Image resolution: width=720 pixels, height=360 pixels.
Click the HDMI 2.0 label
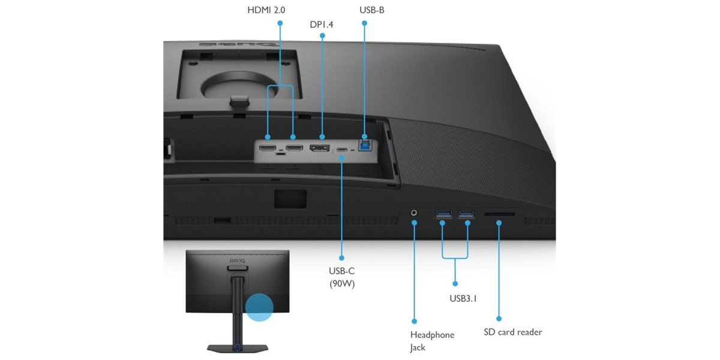[266, 10]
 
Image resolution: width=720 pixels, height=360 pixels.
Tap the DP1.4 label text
[322, 25]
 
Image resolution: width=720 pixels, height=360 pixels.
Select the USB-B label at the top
[372, 10]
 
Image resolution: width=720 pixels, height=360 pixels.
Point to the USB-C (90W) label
[342, 277]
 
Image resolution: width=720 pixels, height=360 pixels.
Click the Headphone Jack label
[432, 341]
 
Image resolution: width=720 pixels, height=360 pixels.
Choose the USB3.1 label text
[463, 299]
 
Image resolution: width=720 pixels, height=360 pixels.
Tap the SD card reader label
[513, 332]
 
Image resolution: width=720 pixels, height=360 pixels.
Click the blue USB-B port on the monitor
[365, 146]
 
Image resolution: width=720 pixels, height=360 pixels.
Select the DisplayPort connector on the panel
[319, 148]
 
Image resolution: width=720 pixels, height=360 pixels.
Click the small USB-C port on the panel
[342, 150]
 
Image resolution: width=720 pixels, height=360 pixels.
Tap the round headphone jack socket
[415, 213]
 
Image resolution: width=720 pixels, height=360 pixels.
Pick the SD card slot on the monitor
[499, 214]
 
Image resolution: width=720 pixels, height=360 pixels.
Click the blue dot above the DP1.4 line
[322, 36]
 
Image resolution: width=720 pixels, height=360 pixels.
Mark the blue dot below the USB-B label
[365, 23]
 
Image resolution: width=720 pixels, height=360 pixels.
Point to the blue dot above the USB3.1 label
[455, 284]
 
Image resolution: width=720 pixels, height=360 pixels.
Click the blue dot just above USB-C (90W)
[341, 258]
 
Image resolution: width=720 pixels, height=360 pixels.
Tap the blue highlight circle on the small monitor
[259, 307]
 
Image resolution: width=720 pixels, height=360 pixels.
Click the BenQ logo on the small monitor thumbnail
[237, 260]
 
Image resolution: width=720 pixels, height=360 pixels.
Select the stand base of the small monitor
[238, 348]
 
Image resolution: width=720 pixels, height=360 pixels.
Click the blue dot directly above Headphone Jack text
[415, 321]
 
